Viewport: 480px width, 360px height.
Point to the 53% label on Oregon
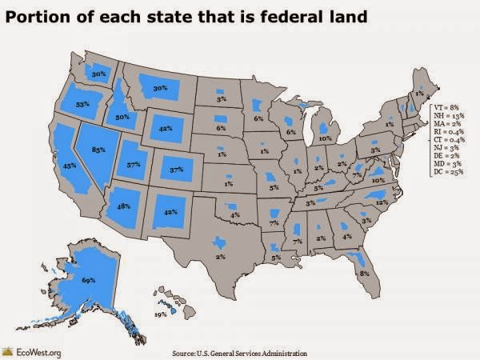[x=81, y=103]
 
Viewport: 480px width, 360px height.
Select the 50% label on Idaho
[x=123, y=117]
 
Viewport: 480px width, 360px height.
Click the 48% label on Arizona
[x=124, y=206]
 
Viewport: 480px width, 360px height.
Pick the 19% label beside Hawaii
[x=160, y=316]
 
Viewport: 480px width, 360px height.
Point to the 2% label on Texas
[x=218, y=256]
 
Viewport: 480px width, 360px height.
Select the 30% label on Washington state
[x=99, y=74]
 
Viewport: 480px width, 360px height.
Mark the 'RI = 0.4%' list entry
[x=446, y=134]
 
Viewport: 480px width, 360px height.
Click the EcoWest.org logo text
[x=36, y=350]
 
